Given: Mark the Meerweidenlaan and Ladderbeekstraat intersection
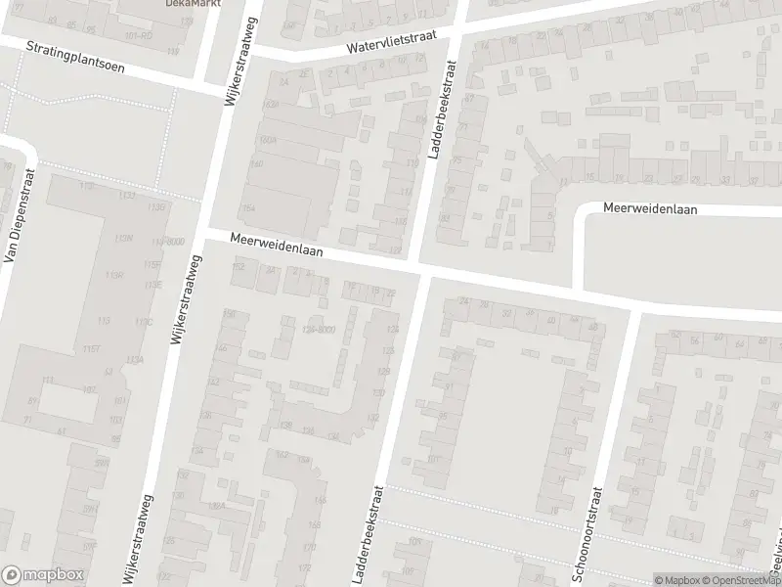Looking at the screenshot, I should (x=420, y=269).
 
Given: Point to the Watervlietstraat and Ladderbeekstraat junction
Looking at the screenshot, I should (x=457, y=32).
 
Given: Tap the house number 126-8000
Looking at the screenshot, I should (x=318, y=330).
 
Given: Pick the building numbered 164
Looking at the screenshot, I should (x=247, y=208).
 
